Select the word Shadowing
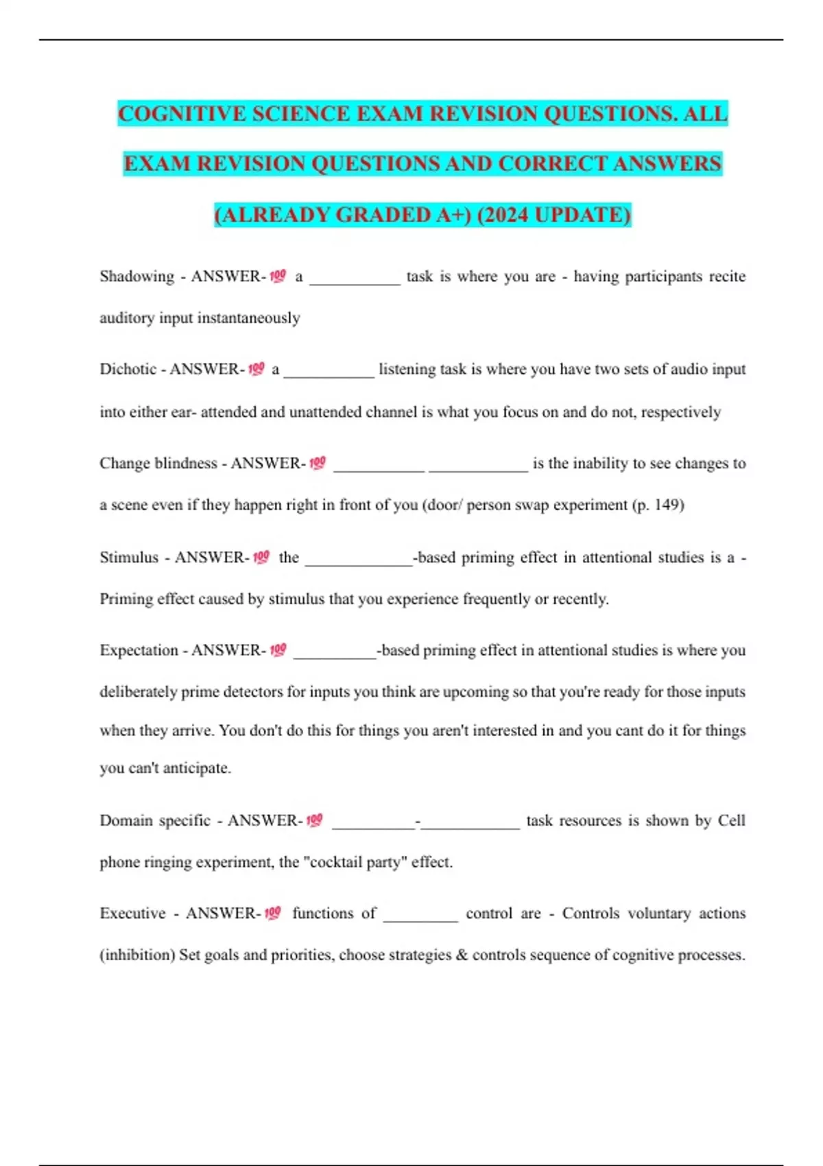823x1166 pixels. (137, 276)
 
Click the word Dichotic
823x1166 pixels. (128, 369)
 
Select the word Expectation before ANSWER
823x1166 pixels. (139, 650)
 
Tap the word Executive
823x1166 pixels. (132, 914)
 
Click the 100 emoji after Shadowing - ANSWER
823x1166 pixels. (278, 276)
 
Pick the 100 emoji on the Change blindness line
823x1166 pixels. (318, 463)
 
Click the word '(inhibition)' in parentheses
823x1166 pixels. (137, 955)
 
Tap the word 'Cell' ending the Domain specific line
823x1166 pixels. (731, 820)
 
